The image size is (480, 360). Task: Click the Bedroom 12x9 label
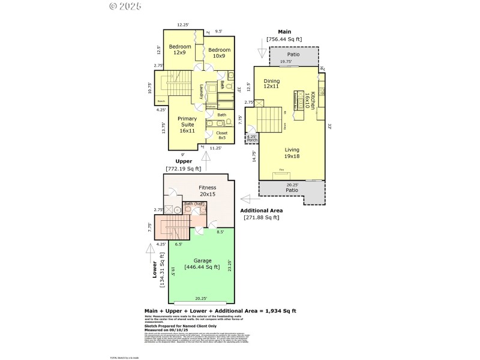[179, 50]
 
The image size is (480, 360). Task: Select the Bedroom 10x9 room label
[219, 53]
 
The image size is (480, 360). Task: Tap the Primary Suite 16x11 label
[187, 125]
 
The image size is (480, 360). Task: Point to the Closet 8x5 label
[222, 135]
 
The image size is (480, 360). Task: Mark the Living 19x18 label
[293, 154]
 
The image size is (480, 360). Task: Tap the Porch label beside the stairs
[252, 139]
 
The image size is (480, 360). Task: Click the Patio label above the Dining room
[293, 55]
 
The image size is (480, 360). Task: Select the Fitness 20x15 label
[208, 191]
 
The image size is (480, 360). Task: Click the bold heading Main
[284, 31]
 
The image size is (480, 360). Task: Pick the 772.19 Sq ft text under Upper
[184, 169]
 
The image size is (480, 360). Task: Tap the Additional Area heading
[261, 211]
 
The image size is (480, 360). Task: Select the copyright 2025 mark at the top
[125, 7]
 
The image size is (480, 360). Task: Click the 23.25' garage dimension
[230, 265]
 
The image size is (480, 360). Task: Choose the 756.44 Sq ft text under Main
[284, 39]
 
